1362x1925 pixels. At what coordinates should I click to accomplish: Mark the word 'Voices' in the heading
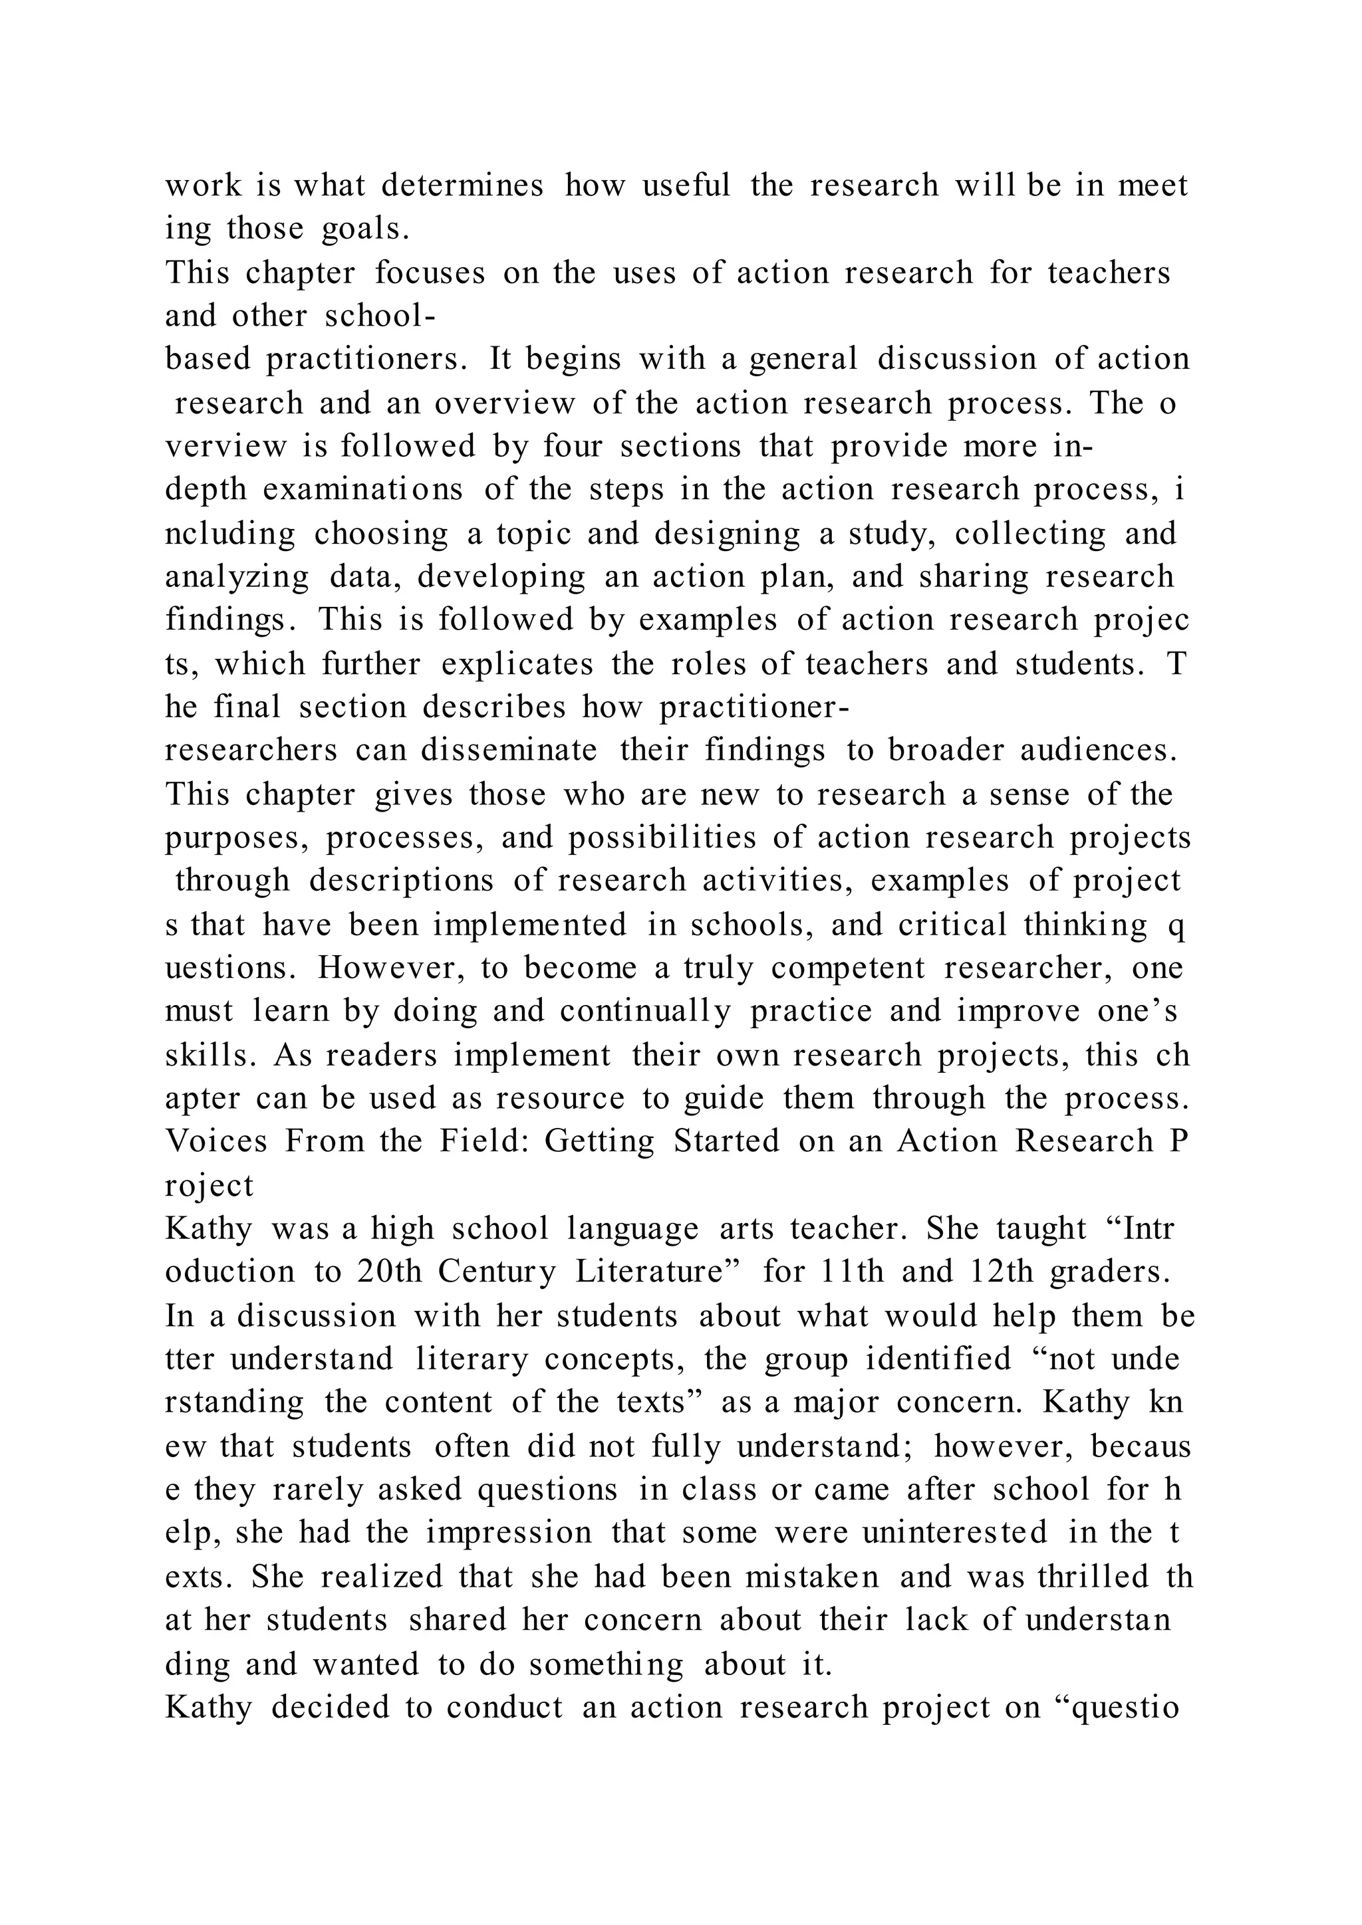pyautogui.click(x=216, y=1141)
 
